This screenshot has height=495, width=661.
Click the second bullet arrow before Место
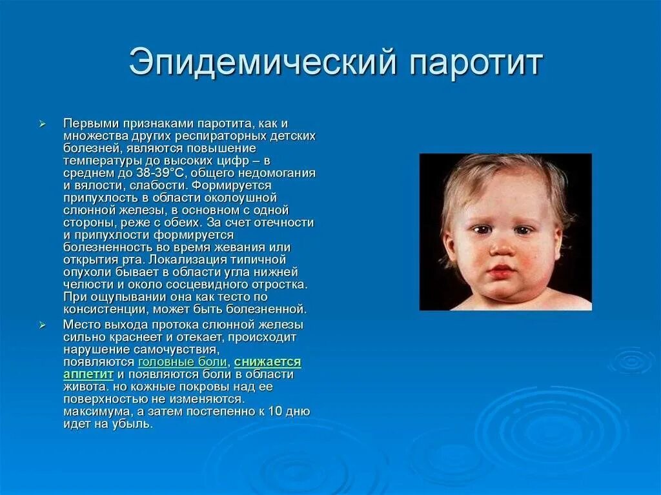[42, 325]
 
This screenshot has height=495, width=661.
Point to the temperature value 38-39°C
[160, 173]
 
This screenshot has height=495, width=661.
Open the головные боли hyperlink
[183, 362]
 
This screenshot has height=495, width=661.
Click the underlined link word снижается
[267, 362]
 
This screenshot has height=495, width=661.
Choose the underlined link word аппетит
[88, 374]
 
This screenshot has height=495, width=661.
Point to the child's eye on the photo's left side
[479, 229]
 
